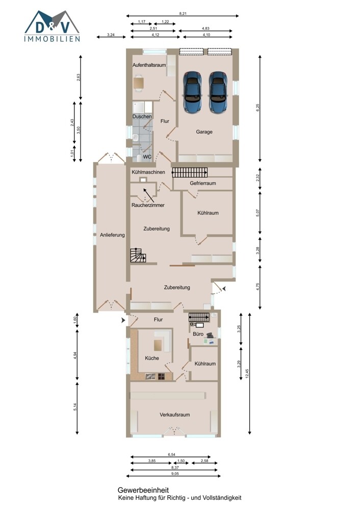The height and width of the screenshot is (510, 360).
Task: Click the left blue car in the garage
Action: (x=192, y=92)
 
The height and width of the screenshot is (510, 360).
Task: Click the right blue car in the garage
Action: (x=218, y=92)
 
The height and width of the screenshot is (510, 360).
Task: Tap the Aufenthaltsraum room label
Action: (x=149, y=65)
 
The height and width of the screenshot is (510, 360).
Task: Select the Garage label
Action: (x=204, y=132)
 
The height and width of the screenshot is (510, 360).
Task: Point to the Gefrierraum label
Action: (x=203, y=183)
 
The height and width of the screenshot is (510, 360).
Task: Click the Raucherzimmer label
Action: (x=148, y=205)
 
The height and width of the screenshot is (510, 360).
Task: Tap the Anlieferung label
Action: (x=112, y=235)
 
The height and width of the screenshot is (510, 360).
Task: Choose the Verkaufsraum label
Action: (x=174, y=415)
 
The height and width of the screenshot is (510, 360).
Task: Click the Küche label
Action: (x=152, y=358)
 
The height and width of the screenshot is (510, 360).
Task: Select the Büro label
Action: (x=198, y=334)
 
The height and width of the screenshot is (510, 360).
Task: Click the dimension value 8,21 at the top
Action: (x=183, y=14)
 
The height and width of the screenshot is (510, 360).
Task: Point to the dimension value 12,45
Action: (x=247, y=373)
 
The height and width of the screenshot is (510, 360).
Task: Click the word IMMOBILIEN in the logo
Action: (x=52, y=39)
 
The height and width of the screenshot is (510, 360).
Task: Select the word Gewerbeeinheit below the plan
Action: (x=143, y=490)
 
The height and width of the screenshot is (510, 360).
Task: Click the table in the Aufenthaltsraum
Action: (x=139, y=82)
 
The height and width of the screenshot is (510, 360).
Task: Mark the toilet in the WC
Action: (x=140, y=158)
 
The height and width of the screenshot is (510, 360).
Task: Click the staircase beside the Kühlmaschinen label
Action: (x=190, y=172)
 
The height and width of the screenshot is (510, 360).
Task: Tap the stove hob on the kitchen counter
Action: (x=162, y=377)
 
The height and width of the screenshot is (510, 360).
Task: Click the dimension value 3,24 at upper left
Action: (x=111, y=35)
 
